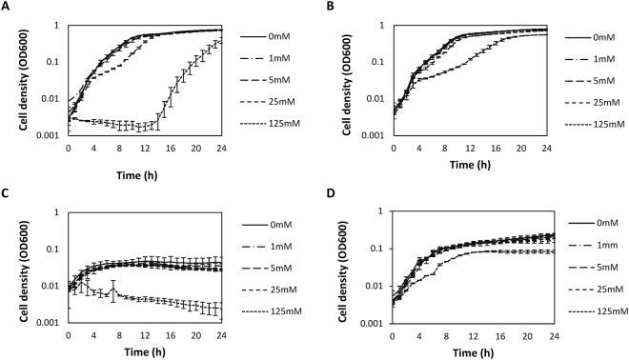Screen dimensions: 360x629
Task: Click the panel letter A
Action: (x=7, y=8)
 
